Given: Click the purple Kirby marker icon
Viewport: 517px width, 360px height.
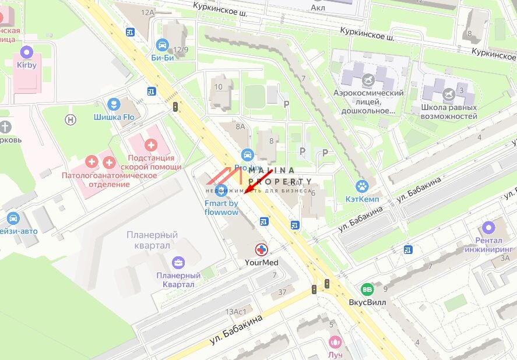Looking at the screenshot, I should pyautogui.click(x=27, y=52).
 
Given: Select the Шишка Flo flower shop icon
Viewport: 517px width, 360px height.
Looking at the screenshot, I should pyautogui.click(x=114, y=104).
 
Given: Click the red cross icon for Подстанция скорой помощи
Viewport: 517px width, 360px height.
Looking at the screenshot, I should pyautogui.click(x=151, y=144).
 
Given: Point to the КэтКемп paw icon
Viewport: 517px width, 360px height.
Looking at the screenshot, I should pyautogui.click(x=362, y=187).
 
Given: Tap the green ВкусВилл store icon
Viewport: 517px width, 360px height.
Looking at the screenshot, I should pyautogui.click(x=367, y=289).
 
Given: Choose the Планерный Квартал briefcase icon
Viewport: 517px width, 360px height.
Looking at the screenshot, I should pyautogui.click(x=178, y=262).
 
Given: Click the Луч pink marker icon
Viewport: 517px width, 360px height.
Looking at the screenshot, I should pyautogui.click(x=335, y=342).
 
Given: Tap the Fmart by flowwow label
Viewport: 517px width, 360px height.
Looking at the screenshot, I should pyautogui.click(x=221, y=207).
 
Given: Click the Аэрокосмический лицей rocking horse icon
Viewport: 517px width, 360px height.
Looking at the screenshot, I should pyautogui.click(x=368, y=78).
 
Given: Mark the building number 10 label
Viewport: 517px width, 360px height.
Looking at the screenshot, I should pyautogui.click(x=219, y=87).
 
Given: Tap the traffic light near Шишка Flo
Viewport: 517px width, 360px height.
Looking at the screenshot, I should pyautogui.click(x=175, y=106).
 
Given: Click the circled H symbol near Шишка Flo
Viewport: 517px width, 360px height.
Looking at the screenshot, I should pyautogui.click(x=71, y=119).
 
